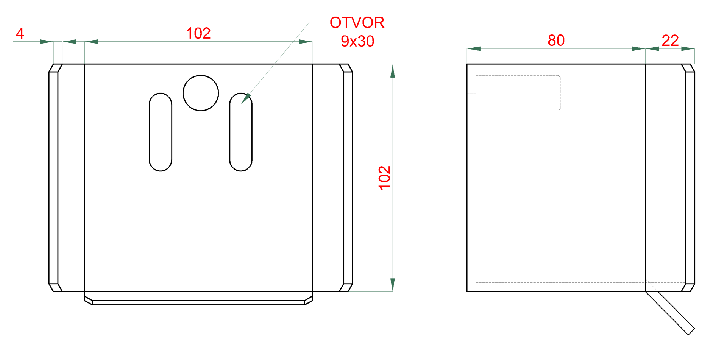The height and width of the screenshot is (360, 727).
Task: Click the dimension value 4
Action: click(x=20, y=34)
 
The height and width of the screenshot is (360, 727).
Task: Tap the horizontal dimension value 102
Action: click(x=198, y=33)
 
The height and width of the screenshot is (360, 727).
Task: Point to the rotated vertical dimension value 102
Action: click(x=384, y=178)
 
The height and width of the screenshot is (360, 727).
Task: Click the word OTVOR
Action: click(x=357, y=23)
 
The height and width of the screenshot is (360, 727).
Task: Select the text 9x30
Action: click(x=357, y=41)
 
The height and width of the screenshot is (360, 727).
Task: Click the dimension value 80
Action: click(x=556, y=41)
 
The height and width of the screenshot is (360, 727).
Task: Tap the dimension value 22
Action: click(x=670, y=41)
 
